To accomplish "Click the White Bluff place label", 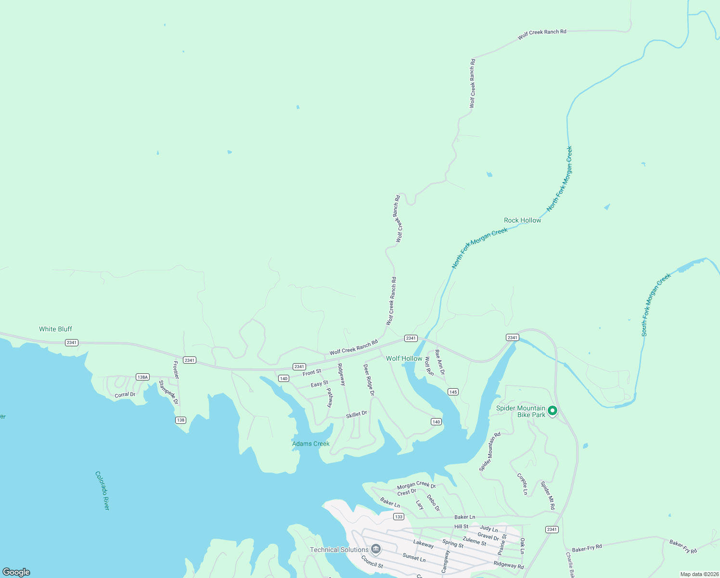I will click(55, 329).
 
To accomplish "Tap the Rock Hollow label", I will click(522, 220).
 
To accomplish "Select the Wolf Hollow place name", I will click(404, 358).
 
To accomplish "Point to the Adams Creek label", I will click(311, 444).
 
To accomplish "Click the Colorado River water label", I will click(103, 490).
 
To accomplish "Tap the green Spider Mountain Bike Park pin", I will click(553, 411).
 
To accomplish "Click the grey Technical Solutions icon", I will click(376, 549).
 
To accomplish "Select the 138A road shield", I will click(142, 377).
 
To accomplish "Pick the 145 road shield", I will click(452, 392).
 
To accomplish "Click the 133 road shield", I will click(399, 517).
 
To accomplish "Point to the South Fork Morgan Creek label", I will click(656, 305).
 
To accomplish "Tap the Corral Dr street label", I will click(125, 395).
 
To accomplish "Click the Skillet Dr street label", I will click(356, 414).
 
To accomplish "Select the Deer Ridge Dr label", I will click(369, 380).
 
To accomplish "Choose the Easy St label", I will click(319, 384).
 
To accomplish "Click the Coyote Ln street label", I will click(522, 484).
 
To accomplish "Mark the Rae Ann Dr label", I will click(440, 362).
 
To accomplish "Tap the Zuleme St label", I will click(475, 541).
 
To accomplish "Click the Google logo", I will click(16, 572).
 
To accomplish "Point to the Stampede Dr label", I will click(168, 392).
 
